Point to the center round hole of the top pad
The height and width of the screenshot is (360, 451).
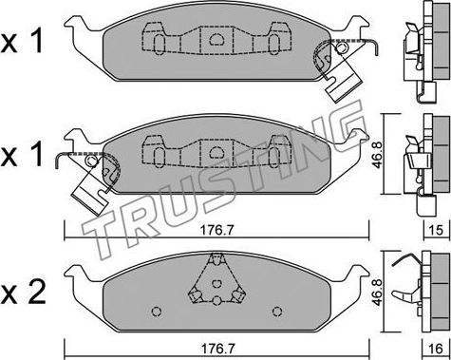click(x=216, y=40)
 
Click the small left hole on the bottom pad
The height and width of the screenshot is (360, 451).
click(x=156, y=310)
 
